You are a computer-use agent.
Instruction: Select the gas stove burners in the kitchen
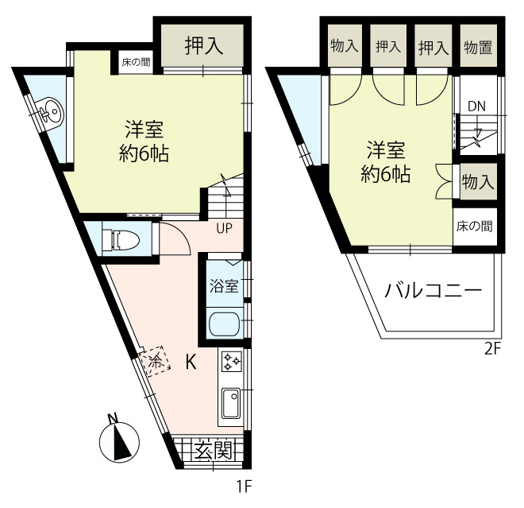(x=232, y=361)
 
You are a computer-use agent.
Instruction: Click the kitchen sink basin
(x=231, y=403)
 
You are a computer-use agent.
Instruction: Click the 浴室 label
(x=224, y=286)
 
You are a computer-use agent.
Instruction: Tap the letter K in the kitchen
(x=191, y=362)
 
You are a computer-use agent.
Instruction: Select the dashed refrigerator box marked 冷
(x=155, y=362)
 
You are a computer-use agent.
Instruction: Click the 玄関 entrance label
(x=214, y=451)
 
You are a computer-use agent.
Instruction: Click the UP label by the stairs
(x=224, y=229)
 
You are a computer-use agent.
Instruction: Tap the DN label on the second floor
(x=476, y=107)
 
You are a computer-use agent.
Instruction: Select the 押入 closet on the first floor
(x=203, y=45)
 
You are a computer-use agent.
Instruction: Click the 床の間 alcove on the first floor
(x=136, y=62)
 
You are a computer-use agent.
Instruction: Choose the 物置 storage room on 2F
(x=478, y=47)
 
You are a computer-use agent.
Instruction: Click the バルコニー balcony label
(x=433, y=291)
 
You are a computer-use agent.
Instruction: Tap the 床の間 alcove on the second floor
(x=475, y=227)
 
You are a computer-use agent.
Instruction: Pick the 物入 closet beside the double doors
(x=478, y=182)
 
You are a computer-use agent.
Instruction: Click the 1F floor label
(x=244, y=487)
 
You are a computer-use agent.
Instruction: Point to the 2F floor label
(x=493, y=349)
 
